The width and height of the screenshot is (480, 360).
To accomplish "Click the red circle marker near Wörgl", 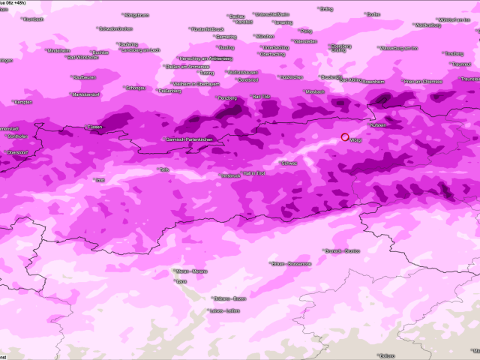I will [345, 136].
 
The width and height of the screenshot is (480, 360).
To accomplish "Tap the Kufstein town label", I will [377, 125].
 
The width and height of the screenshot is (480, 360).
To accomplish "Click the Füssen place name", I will [94, 127].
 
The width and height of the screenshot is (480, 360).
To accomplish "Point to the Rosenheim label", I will [373, 80].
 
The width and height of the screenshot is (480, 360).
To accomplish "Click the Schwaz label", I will [289, 163].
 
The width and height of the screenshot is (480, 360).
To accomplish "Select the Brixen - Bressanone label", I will [290, 264].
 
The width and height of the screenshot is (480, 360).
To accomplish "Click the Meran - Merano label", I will [191, 271].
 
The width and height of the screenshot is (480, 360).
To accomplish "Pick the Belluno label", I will [386, 355].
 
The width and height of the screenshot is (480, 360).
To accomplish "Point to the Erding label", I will [326, 10].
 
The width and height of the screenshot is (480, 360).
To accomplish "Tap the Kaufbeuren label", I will [84, 77].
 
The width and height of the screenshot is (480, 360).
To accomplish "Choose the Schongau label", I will [136, 87].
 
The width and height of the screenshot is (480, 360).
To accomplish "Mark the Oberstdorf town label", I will [16, 152].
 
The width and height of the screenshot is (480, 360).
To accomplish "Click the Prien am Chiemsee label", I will [424, 81].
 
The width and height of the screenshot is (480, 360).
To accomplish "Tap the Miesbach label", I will [315, 91].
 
